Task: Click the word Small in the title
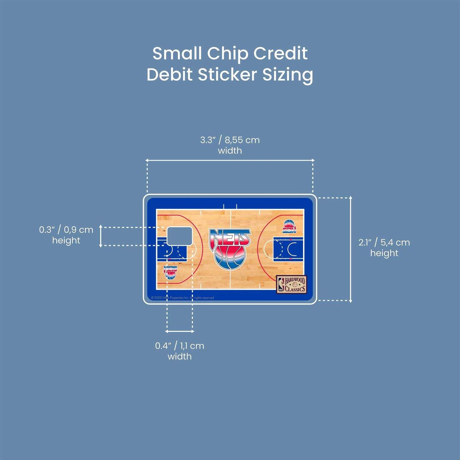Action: click(177, 53)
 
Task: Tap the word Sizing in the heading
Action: click(287, 75)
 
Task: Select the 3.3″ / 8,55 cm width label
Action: click(230, 145)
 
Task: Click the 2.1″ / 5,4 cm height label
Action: click(384, 247)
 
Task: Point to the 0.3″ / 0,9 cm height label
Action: click(66, 235)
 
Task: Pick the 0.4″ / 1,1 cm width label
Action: click(180, 350)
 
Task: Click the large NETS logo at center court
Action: click(230, 248)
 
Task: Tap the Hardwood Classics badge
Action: click(291, 284)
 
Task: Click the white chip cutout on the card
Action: click(180, 236)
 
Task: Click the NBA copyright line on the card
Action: click(182, 298)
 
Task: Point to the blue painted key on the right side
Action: click(288, 249)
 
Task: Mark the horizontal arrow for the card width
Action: click(230, 160)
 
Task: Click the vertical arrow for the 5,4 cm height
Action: click(351, 249)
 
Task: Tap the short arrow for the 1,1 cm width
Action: click(180, 331)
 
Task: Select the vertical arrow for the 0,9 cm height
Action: click(101, 236)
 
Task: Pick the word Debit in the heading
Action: click(170, 75)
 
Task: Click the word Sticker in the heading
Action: click(227, 75)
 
